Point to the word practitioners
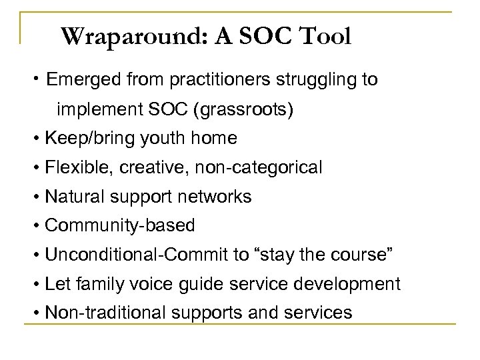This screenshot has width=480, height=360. click(x=210, y=80)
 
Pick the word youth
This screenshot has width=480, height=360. click(x=154, y=139)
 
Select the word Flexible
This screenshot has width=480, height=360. click(x=70, y=168)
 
